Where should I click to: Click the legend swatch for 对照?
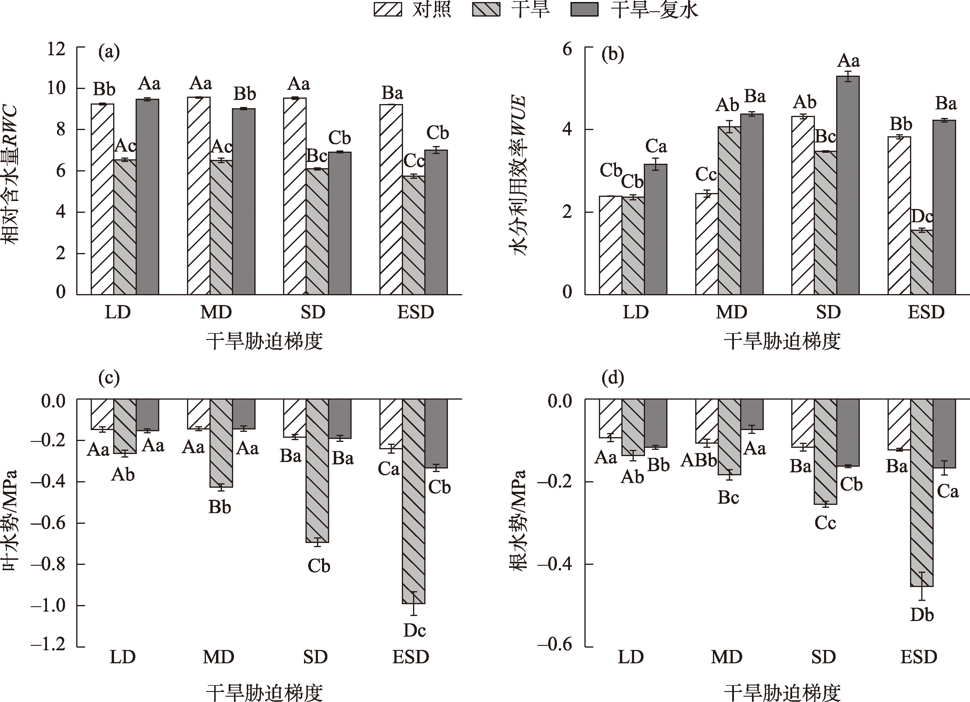pyautogui.click(x=387, y=9)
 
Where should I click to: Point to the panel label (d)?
pyautogui.click(x=612, y=378)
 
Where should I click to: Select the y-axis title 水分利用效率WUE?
pyautogui.click(x=519, y=175)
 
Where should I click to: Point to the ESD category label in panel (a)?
pyautogui.click(x=415, y=312)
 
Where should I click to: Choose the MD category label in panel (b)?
pyautogui.click(x=731, y=312)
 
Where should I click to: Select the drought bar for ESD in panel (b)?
pyautogui.click(x=922, y=262)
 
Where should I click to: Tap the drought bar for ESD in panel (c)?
pyautogui.click(x=414, y=500)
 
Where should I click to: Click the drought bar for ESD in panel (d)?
pyautogui.click(x=922, y=492)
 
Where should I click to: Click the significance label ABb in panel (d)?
pyautogui.click(x=699, y=460)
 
